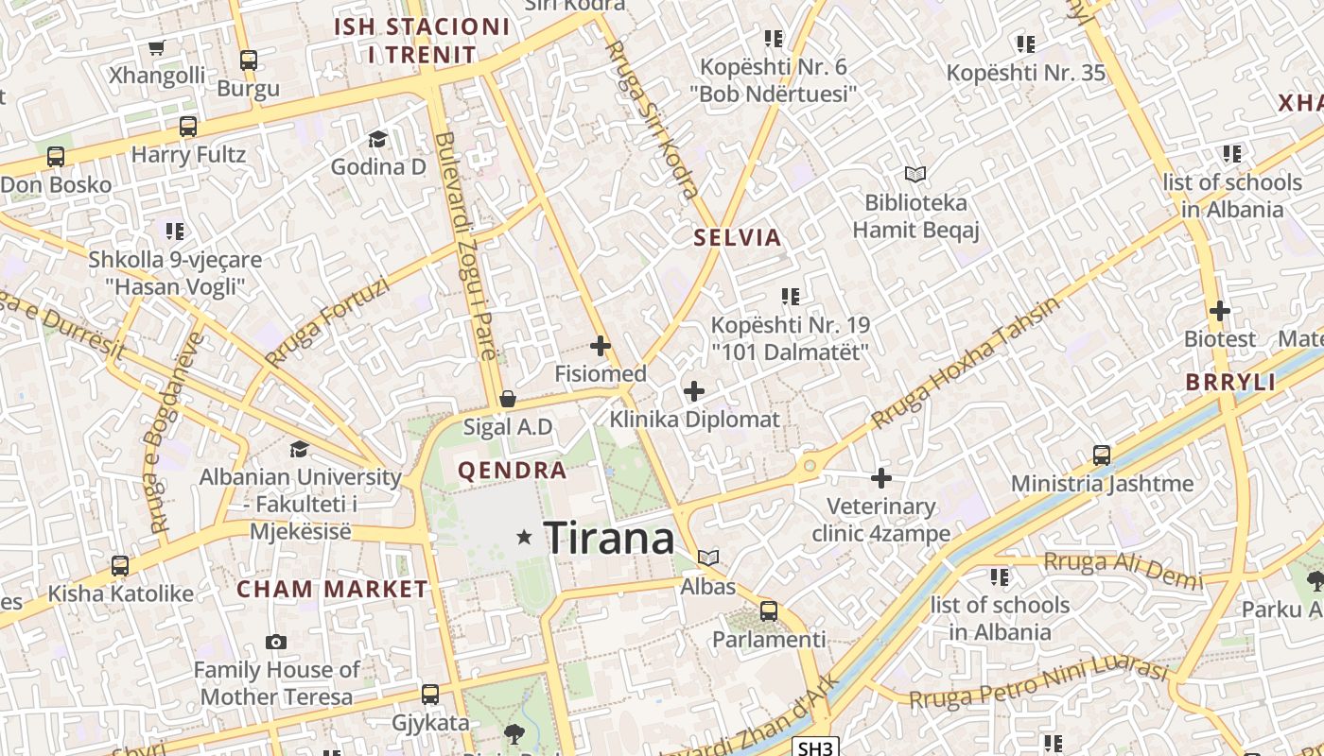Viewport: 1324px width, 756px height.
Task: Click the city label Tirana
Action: (x=609, y=539)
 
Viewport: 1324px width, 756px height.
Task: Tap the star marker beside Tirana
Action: (x=524, y=538)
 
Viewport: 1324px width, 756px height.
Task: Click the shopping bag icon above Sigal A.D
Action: (x=508, y=399)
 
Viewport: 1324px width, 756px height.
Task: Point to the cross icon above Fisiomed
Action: (x=601, y=346)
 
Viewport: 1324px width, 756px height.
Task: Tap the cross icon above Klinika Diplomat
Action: (x=694, y=390)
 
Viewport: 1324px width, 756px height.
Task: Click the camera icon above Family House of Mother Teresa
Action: (x=276, y=643)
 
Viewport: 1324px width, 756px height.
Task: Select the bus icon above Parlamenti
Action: (x=769, y=611)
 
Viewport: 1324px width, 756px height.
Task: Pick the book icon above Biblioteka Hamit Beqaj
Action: (x=915, y=174)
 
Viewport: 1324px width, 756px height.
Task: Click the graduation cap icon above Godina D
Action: (x=378, y=139)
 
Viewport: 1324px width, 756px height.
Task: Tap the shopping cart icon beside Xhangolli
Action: (x=157, y=48)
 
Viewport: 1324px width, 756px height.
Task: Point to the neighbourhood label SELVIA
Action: (x=738, y=237)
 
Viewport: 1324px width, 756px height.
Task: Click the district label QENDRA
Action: (x=513, y=471)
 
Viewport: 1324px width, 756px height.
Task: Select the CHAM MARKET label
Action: (x=332, y=590)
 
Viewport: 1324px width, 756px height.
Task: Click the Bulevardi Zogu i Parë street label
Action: (x=466, y=246)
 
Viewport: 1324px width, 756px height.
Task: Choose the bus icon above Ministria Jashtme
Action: (x=1102, y=455)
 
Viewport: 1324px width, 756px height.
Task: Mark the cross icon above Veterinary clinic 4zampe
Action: (x=881, y=478)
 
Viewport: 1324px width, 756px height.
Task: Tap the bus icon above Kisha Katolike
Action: (x=120, y=566)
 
